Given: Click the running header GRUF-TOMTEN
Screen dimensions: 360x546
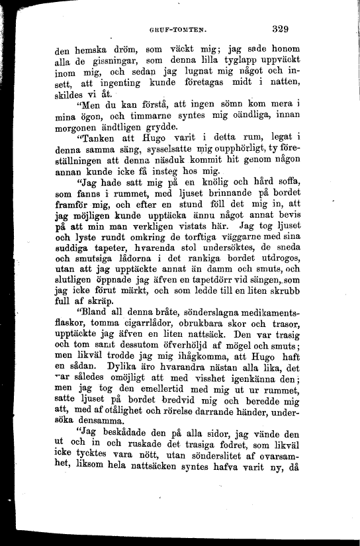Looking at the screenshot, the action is point(180,30).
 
